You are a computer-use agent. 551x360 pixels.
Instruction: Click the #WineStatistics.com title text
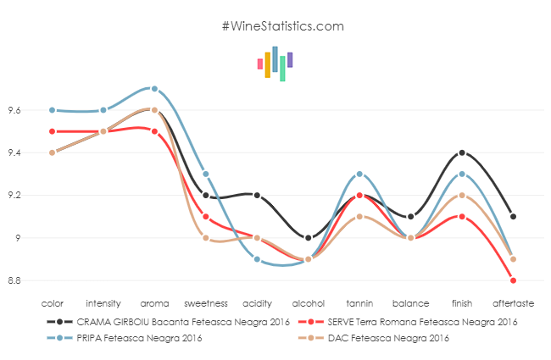tap(282, 26)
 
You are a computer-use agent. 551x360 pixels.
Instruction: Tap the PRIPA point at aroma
tap(154, 89)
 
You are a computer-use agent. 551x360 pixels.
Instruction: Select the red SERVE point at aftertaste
tap(513, 280)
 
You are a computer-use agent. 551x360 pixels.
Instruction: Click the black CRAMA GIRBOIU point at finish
tap(462, 152)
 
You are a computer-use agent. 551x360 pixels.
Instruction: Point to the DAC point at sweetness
tap(206, 238)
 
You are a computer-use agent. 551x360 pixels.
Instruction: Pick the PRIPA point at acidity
tap(257, 259)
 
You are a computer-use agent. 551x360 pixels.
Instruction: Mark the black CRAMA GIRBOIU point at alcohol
tap(309, 238)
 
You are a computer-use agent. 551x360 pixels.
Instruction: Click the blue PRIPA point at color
tap(52, 110)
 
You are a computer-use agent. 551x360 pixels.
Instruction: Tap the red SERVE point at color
tap(52, 131)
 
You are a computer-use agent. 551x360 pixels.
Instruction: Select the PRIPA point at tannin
tap(359, 174)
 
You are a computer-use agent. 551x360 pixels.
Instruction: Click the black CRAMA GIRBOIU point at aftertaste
tap(513, 216)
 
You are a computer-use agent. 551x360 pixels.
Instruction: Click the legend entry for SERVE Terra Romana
tap(408, 322)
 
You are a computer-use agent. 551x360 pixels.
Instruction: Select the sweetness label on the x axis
tap(206, 302)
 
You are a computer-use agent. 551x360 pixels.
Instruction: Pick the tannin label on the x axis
tap(359, 302)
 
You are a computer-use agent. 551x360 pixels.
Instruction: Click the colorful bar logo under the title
tap(275, 63)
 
